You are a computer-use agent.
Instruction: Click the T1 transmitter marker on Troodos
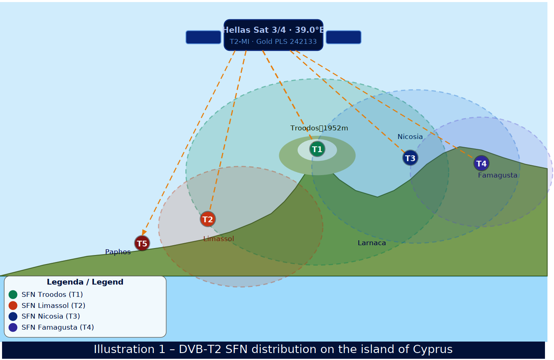click(x=317, y=149)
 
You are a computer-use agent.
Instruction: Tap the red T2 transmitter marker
click(x=207, y=219)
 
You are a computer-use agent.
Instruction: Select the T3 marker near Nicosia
click(x=410, y=158)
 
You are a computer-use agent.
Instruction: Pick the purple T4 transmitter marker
click(x=481, y=164)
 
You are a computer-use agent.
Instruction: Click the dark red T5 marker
click(x=142, y=244)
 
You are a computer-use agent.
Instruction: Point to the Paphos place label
click(x=118, y=252)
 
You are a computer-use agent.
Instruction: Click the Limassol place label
click(x=219, y=239)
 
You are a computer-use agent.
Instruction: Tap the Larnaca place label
click(x=372, y=243)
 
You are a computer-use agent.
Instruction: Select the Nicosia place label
click(x=410, y=137)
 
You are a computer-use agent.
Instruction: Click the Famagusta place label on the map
click(x=497, y=175)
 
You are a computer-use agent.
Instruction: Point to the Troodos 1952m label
click(x=319, y=128)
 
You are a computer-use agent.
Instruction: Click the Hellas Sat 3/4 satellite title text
click(x=273, y=30)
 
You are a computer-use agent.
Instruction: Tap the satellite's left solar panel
click(x=203, y=37)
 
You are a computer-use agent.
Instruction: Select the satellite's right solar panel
click(x=344, y=37)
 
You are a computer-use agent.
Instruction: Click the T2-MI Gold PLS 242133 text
click(x=273, y=42)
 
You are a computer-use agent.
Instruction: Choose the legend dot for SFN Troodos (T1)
click(x=13, y=294)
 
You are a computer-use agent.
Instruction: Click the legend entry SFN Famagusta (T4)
click(x=57, y=327)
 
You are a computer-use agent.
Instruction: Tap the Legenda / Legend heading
click(x=85, y=282)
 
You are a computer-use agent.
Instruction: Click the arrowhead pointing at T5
click(x=144, y=233)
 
